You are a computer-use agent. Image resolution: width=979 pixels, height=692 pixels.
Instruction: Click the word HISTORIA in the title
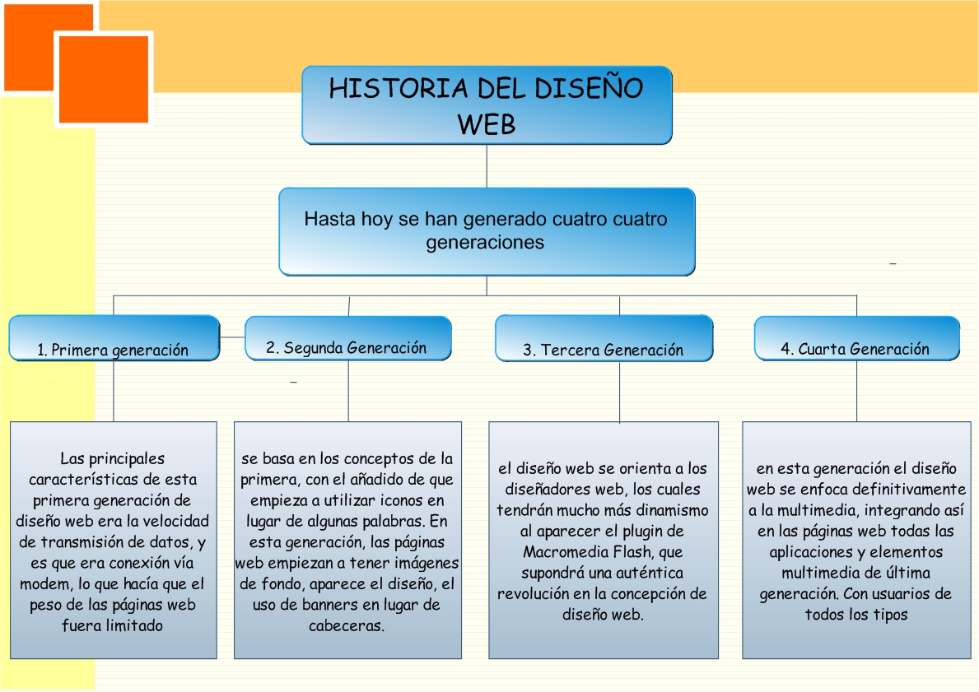click(399, 88)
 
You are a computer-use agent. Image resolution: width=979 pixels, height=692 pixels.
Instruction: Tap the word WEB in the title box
click(487, 124)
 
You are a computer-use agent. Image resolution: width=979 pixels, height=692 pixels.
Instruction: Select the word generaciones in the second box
click(485, 243)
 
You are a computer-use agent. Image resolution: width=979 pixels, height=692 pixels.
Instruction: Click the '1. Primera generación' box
click(114, 338)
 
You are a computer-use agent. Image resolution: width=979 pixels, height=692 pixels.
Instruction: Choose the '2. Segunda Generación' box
click(348, 338)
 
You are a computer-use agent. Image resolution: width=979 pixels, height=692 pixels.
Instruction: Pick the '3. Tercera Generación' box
click(604, 338)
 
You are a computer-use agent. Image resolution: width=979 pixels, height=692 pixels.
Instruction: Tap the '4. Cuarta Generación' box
click(856, 338)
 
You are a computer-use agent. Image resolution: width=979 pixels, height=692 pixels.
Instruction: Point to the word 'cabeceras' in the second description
click(346, 626)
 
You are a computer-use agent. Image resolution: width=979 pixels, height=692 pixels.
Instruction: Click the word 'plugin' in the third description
click(625, 532)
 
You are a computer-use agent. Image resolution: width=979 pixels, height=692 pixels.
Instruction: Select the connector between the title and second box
click(487, 166)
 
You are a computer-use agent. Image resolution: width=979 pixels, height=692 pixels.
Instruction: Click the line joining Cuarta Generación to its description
click(856, 391)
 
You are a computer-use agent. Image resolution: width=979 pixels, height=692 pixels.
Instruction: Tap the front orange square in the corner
click(104, 79)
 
